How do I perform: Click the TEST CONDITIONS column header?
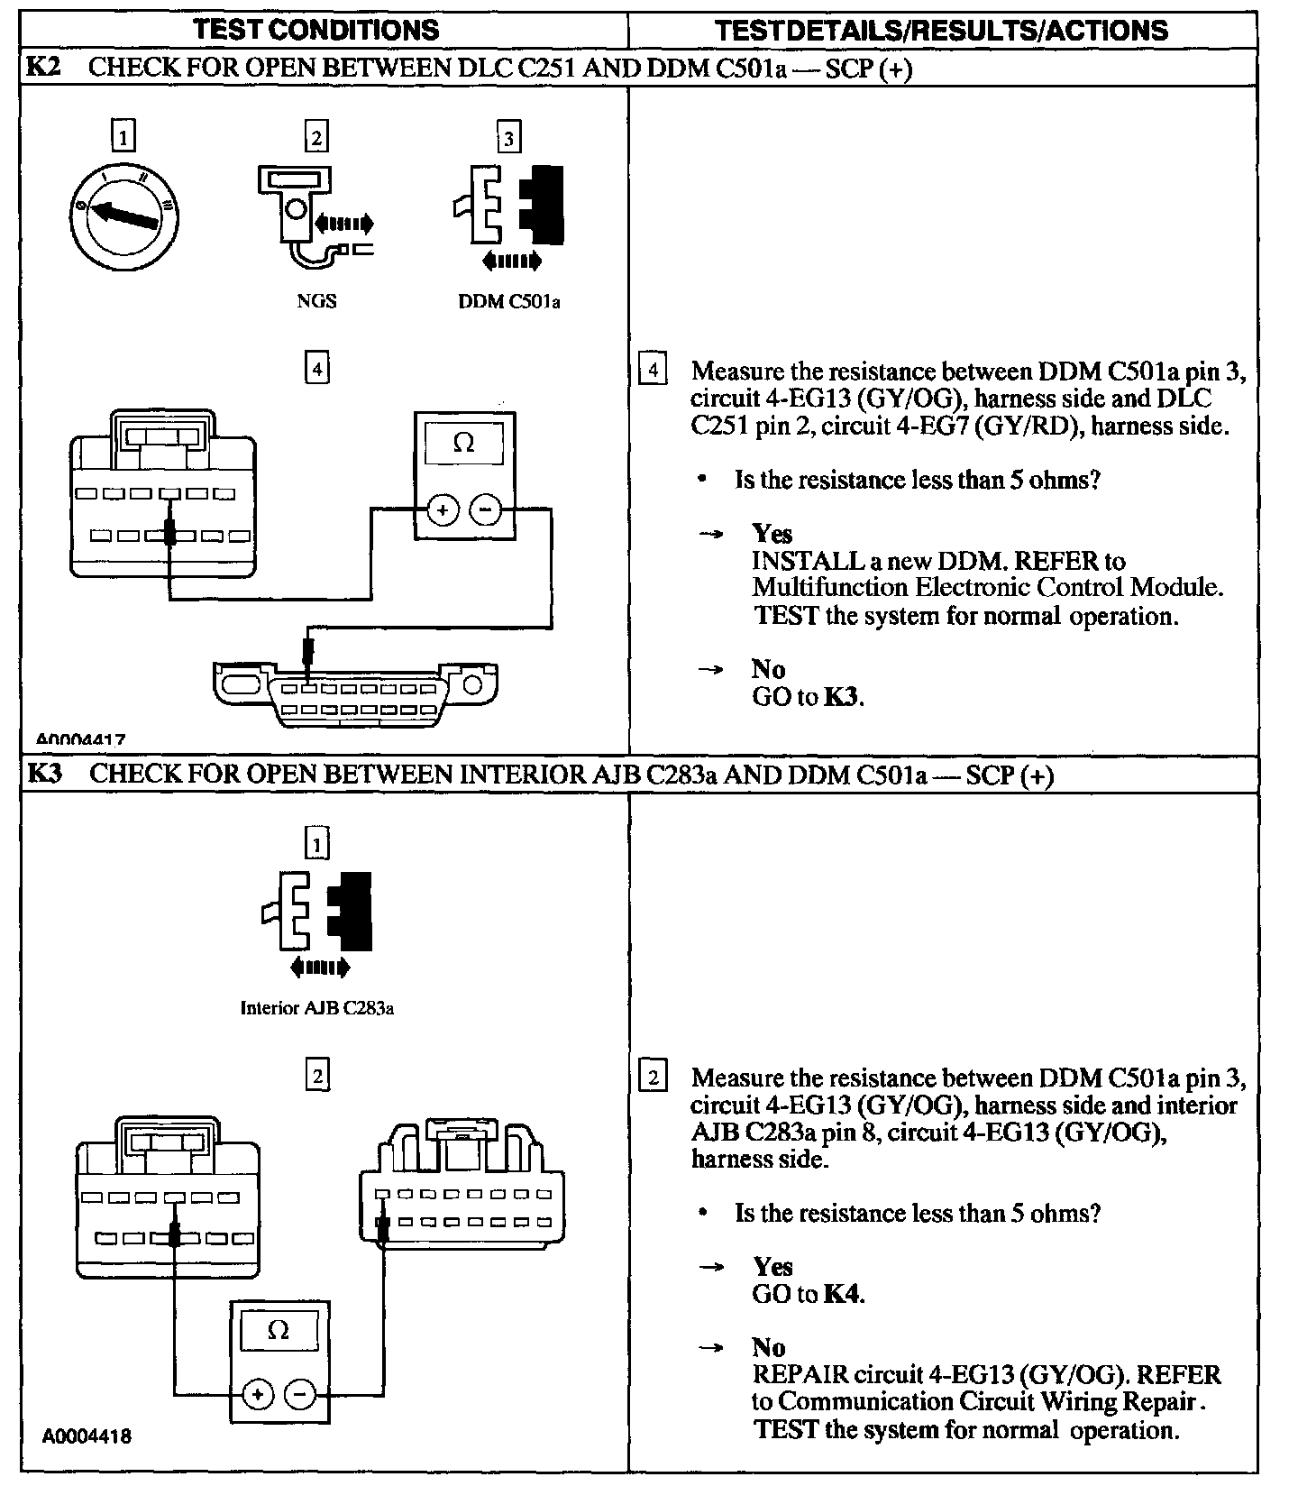(316, 30)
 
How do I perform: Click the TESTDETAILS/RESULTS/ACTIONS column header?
(941, 31)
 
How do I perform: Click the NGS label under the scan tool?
(316, 301)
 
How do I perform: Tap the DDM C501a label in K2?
(509, 302)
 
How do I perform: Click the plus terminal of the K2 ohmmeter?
(442, 510)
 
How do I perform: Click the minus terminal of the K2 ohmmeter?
(485, 510)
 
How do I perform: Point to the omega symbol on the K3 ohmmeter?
(279, 1331)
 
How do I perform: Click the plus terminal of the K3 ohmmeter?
(259, 1395)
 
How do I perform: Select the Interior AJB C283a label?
(317, 1008)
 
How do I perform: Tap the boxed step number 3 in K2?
(509, 138)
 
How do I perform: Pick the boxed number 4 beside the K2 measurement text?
(653, 371)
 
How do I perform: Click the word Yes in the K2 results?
(772, 533)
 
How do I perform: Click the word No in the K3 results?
(769, 1347)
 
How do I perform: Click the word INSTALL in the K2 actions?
(808, 561)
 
